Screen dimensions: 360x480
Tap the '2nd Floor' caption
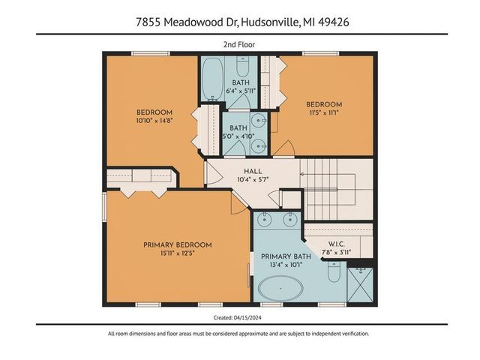[239, 44]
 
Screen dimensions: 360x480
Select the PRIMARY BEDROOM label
[178, 245]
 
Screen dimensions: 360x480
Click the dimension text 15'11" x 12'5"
[178, 254]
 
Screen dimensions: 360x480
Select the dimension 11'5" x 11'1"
[324, 113]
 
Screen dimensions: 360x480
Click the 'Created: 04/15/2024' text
[240, 316]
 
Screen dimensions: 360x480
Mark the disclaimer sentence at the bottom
[239, 334]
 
